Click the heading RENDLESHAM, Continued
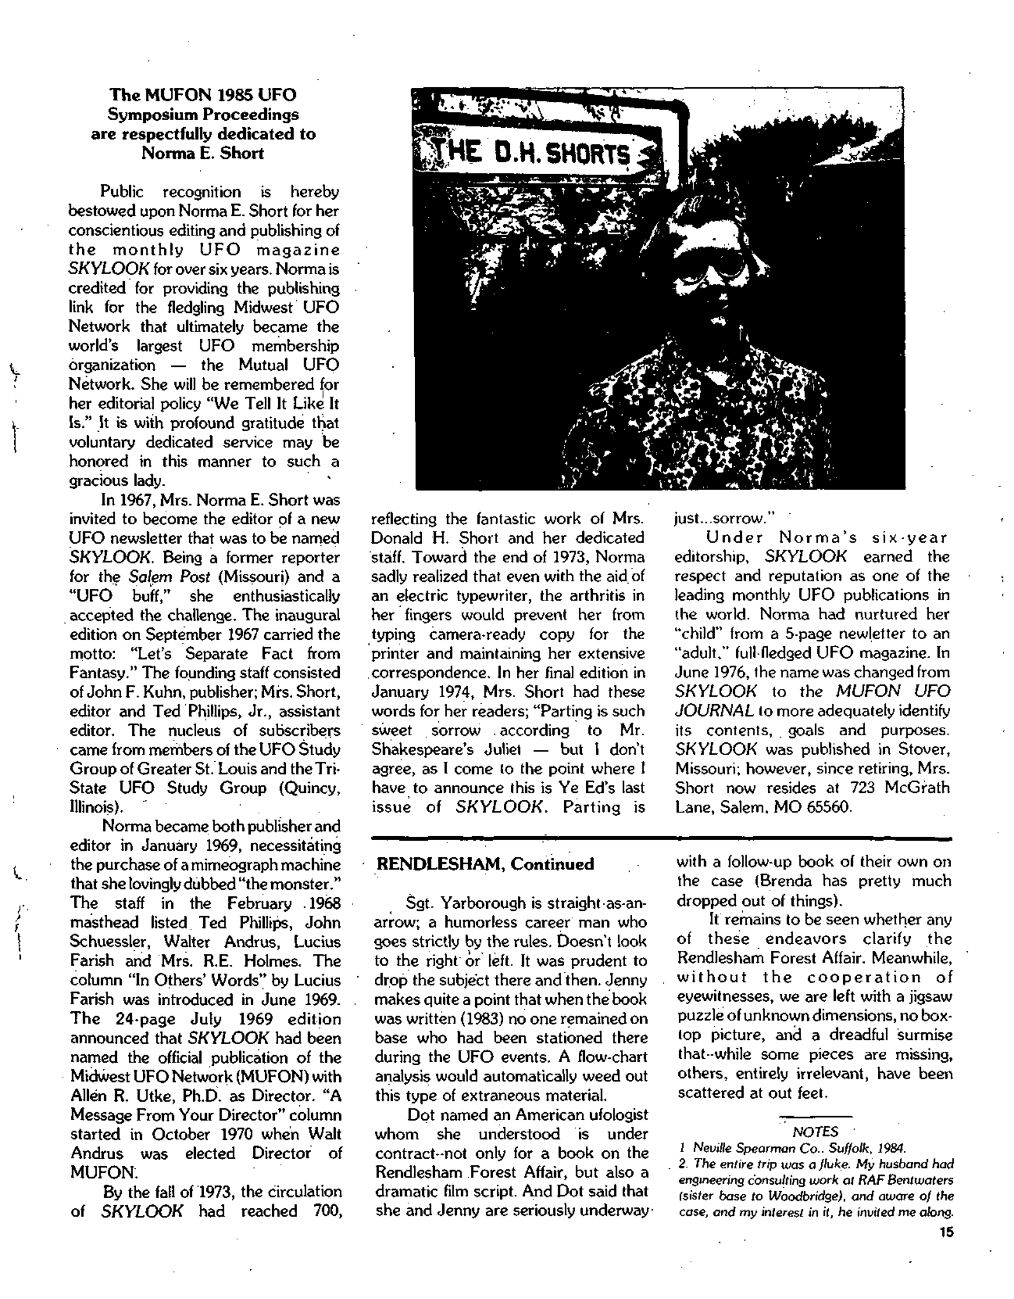485,864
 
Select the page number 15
945,1232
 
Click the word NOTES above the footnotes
815,1132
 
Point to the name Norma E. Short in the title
202,153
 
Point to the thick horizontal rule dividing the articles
660,838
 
